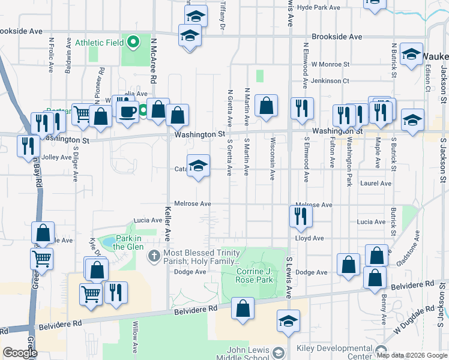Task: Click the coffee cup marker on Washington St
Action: pos(127,113)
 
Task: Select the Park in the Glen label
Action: pos(127,242)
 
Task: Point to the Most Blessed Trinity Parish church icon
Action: pos(154,256)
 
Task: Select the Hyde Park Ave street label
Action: pos(319,8)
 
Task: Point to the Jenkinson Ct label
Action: pos(330,80)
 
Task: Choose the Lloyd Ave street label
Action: pos(309,238)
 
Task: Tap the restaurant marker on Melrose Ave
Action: pos(301,215)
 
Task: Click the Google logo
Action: pos(20,353)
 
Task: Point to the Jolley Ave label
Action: pos(57,157)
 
